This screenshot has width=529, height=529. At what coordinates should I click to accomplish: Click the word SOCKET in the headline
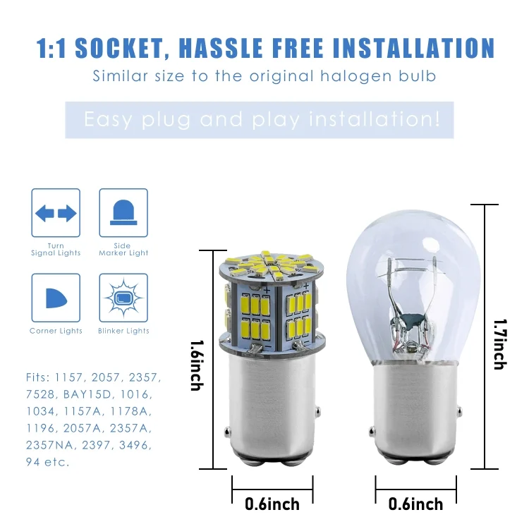coord(119,49)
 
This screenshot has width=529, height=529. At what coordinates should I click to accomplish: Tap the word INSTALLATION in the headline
coord(414,49)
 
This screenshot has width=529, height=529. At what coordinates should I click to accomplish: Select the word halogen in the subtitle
coord(356,77)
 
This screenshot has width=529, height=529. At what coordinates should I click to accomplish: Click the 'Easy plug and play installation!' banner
coord(259,120)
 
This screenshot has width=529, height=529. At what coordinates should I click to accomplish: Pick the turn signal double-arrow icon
coord(56,213)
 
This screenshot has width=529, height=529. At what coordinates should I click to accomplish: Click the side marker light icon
coord(123,212)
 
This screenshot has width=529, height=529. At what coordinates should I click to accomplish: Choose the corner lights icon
coord(56,298)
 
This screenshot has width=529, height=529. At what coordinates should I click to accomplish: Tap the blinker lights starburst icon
coord(123,298)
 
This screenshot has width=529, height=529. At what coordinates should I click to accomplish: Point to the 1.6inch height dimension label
coord(197,365)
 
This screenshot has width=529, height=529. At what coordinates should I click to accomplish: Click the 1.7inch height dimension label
coord(500,344)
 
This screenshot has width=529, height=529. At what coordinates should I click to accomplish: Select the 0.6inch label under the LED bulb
coord(272,504)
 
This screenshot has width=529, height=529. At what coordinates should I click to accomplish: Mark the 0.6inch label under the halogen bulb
coord(415,504)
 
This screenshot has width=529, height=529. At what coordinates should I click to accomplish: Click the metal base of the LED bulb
coord(272,409)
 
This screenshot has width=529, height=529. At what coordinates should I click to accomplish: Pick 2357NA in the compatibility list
coord(49,445)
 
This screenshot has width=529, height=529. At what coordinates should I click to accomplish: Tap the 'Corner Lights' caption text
coord(56,331)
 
